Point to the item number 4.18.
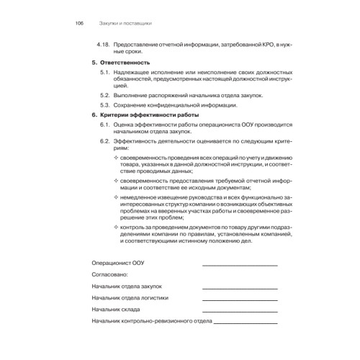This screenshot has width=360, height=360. pyautogui.click(x=104, y=45)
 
